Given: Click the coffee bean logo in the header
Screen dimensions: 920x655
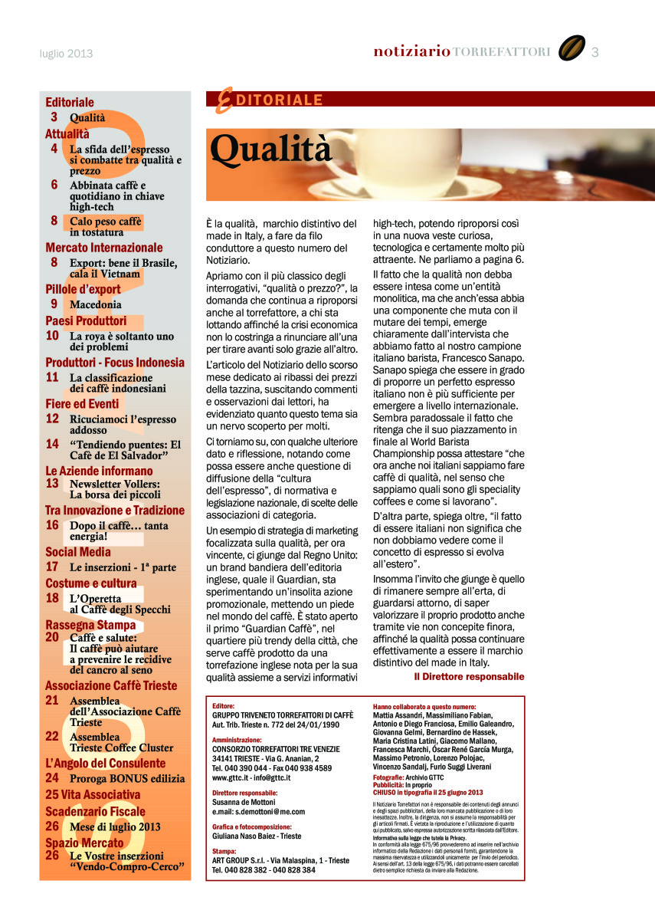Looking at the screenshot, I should [x=571, y=48].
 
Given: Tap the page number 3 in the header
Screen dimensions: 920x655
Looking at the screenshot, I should [x=595, y=52].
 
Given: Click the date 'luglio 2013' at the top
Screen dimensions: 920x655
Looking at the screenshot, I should [x=66, y=54].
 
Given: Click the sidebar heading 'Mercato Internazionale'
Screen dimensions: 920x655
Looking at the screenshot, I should [x=104, y=248].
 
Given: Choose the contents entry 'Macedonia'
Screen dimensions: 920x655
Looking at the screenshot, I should [x=96, y=304].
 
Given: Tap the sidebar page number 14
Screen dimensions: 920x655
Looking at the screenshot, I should [x=52, y=443].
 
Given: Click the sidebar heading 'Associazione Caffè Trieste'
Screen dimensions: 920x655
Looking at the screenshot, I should [x=111, y=685].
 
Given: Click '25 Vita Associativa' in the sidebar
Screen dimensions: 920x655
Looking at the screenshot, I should [x=93, y=794].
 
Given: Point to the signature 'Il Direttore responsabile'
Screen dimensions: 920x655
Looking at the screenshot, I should [x=469, y=677].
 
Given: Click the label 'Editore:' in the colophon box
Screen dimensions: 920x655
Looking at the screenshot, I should [x=224, y=706].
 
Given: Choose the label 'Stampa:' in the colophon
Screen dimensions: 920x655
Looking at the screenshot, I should [x=224, y=851].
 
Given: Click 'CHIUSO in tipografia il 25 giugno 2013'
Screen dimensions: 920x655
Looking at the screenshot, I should [x=427, y=792].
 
